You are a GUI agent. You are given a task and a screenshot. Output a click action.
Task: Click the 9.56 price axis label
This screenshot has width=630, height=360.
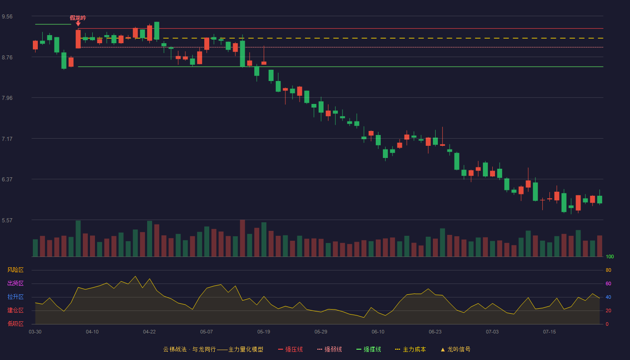point(7,17)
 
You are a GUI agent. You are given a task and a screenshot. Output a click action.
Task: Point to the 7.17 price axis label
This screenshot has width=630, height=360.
point(7,139)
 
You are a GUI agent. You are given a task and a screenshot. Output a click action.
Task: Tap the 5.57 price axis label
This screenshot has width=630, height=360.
point(7,220)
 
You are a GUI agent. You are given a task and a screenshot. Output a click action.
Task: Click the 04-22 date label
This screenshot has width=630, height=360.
point(149,332)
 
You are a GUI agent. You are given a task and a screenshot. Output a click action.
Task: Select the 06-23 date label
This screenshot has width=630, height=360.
point(435,332)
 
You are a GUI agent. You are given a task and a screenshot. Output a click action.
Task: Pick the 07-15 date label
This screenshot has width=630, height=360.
point(549,332)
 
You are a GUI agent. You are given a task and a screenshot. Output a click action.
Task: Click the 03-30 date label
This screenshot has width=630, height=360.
point(35,332)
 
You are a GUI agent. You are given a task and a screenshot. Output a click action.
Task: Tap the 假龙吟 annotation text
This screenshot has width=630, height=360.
point(78,18)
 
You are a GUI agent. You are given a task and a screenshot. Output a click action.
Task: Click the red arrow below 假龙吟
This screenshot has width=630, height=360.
point(78,23)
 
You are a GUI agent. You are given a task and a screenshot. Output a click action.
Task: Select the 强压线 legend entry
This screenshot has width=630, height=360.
point(290,349)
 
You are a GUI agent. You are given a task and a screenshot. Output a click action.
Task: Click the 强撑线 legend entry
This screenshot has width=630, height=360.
point(369,349)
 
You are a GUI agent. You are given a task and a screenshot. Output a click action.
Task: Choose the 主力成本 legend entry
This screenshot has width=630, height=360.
point(410,349)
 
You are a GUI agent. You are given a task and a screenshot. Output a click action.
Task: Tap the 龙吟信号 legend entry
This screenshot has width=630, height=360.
point(455,349)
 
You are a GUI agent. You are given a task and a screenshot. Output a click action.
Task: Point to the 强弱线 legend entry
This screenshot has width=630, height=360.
point(329,349)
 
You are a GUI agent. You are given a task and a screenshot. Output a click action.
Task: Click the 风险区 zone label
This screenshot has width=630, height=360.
point(15,270)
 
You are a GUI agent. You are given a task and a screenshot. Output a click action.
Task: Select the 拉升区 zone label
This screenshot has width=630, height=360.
point(15,297)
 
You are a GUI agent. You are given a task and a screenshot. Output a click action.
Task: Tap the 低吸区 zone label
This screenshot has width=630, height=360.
point(15,324)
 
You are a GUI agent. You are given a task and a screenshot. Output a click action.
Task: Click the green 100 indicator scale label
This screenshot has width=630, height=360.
point(610,256)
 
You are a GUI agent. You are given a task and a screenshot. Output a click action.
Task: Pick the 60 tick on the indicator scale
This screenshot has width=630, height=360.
point(608,283)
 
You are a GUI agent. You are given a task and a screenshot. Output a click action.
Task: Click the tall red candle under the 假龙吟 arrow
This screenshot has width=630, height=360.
point(78,39)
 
